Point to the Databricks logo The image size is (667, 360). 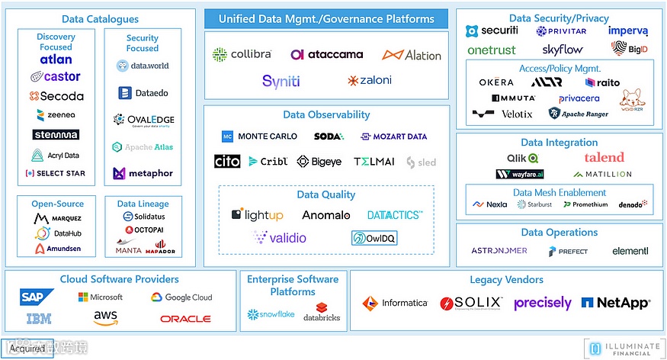322,313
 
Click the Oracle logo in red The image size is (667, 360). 185,318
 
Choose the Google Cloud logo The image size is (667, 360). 181,297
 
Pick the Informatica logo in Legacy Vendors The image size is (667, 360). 395,303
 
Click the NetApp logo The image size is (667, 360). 616,303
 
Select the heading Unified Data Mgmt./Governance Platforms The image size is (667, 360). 326,19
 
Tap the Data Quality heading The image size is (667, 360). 325,195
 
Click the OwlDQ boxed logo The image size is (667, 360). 374,239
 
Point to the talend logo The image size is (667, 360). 604,157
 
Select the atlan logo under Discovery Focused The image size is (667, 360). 56,59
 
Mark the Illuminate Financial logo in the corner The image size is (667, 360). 624,348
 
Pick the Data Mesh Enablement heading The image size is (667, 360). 560,192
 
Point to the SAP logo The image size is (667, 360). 37,297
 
